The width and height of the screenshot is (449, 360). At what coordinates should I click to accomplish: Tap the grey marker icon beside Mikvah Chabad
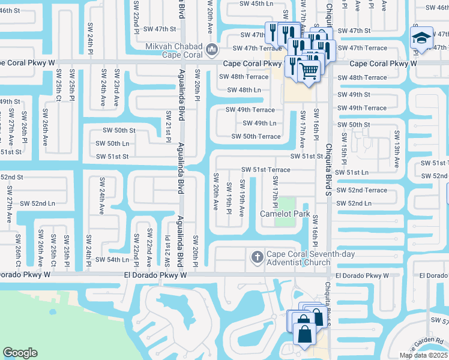[x=211, y=49]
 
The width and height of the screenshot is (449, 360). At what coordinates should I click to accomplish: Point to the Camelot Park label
[x=284, y=214]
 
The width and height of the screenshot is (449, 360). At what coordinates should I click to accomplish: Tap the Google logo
[x=20, y=353]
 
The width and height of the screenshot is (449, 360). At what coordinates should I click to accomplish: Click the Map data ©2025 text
[x=423, y=355]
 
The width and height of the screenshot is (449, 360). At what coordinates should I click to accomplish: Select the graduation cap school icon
[x=422, y=38]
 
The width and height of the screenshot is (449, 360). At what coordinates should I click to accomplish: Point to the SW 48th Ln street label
[x=244, y=91]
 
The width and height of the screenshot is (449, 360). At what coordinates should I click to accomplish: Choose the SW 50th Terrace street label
[x=256, y=136]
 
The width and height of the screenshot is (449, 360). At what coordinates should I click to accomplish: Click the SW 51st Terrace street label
[x=266, y=170]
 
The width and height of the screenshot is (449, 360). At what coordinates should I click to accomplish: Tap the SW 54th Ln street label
[x=112, y=260]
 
